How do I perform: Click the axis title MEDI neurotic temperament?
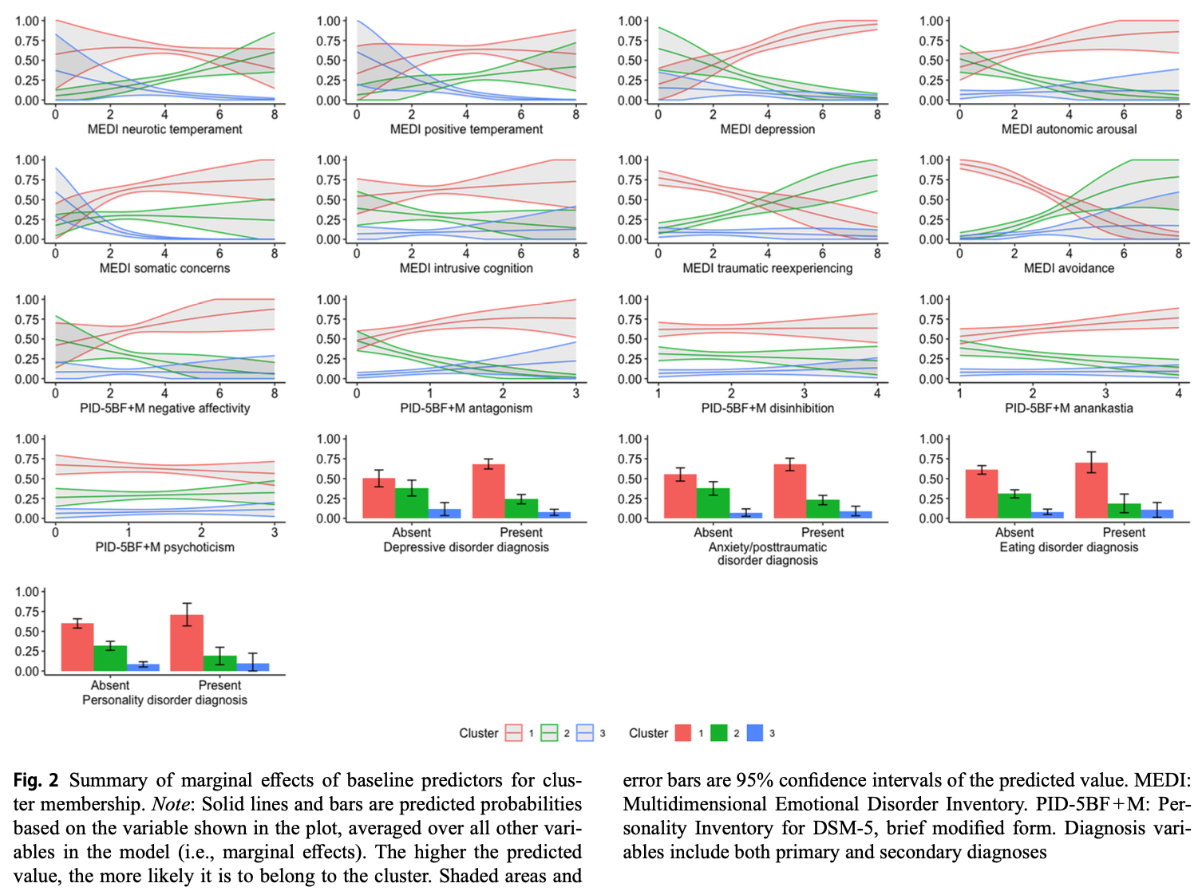[x=164, y=129]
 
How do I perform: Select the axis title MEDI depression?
[x=767, y=129]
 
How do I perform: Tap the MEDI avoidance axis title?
[x=1069, y=268]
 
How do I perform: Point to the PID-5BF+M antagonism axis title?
[x=466, y=408]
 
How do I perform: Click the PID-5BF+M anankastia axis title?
[x=1069, y=408]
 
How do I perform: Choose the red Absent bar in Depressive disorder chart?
[x=379, y=499]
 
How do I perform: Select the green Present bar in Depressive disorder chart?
[x=521, y=509]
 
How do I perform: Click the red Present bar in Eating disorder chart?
[x=1091, y=491]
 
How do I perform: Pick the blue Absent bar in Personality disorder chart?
[x=143, y=667]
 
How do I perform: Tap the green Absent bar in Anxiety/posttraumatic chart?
[x=713, y=503]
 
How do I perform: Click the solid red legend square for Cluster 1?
[x=683, y=733]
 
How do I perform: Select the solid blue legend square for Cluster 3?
[x=754, y=733]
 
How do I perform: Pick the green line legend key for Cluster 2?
[x=549, y=733]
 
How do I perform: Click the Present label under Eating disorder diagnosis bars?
[x=1124, y=532]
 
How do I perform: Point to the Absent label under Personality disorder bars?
[x=110, y=685]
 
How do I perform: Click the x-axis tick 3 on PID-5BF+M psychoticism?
[x=275, y=532]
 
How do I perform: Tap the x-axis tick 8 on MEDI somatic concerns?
[x=275, y=254]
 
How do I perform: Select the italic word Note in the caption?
[x=170, y=804]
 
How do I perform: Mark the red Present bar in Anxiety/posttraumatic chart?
[x=790, y=491]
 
